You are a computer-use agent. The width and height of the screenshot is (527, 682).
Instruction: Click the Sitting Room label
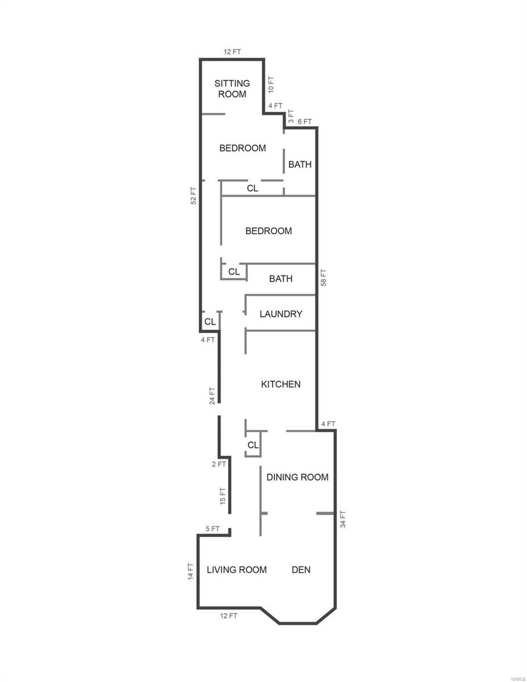click(x=232, y=89)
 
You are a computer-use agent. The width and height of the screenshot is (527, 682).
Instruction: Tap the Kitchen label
click(x=281, y=384)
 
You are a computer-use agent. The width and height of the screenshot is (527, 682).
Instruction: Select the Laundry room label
click(x=281, y=314)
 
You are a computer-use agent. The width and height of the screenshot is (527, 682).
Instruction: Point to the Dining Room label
click(x=297, y=477)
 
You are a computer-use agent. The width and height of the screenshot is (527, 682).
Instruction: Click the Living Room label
click(x=236, y=569)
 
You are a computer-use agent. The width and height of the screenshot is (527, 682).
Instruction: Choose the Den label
click(x=301, y=569)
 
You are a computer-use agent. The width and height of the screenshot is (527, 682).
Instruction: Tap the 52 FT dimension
click(x=194, y=196)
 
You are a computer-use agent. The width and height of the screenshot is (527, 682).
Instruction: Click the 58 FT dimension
click(x=323, y=278)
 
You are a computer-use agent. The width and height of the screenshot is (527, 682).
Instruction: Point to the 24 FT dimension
click(x=213, y=396)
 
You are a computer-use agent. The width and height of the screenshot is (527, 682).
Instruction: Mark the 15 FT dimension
click(x=223, y=496)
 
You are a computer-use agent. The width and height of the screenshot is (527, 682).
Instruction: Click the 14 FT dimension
click(x=190, y=571)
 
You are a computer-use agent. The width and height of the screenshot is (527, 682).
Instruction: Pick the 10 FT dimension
click(x=271, y=85)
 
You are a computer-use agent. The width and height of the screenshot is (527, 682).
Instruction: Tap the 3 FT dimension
click(x=291, y=116)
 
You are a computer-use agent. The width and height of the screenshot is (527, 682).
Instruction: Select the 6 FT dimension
click(x=305, y=122)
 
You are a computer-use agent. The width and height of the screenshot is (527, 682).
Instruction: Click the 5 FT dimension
click(x=213, y=529)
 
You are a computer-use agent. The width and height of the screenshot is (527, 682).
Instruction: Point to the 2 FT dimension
click(x=219, y=464)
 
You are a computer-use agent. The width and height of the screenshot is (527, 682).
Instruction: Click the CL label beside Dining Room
click(x=253, y=445)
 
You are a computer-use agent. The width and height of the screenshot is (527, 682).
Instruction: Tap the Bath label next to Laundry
click(x=281, y=278)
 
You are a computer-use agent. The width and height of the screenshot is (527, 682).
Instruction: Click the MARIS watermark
click(x=518, y=677)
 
